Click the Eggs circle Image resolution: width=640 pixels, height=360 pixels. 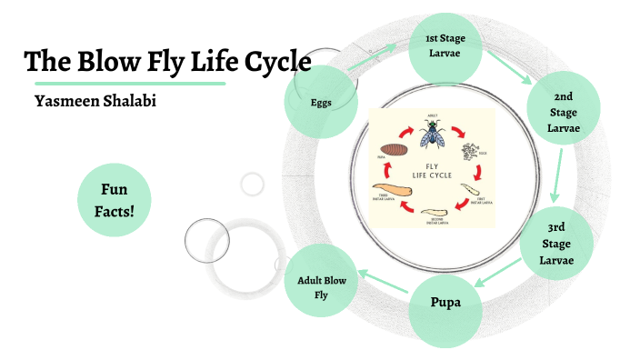click(319, 102)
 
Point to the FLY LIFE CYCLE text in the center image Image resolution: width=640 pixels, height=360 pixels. click(432, 170)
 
